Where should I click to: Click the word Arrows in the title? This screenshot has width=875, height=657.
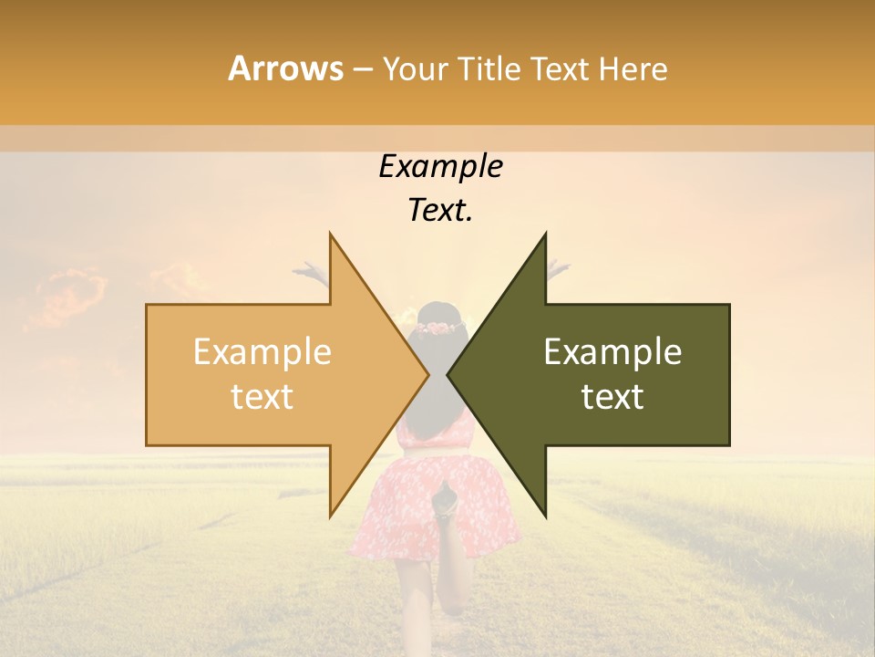point(286,68)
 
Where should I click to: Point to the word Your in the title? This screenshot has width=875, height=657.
point(416,69)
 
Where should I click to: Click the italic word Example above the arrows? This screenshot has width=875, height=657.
point(440,167)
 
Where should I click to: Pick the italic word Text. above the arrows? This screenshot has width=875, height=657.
point(440,210)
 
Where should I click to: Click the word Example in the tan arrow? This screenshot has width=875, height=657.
point(262,352)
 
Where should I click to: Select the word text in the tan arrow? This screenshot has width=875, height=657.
point(262,397)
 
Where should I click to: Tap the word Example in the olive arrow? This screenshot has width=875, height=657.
point(612,352)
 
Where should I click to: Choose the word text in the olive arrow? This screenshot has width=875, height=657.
point(612,397)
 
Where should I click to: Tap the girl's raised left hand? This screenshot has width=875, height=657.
point(311,271)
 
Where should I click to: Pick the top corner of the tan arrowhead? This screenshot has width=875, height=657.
point(331,235)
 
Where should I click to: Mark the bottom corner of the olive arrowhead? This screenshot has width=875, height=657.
point(544,515)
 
